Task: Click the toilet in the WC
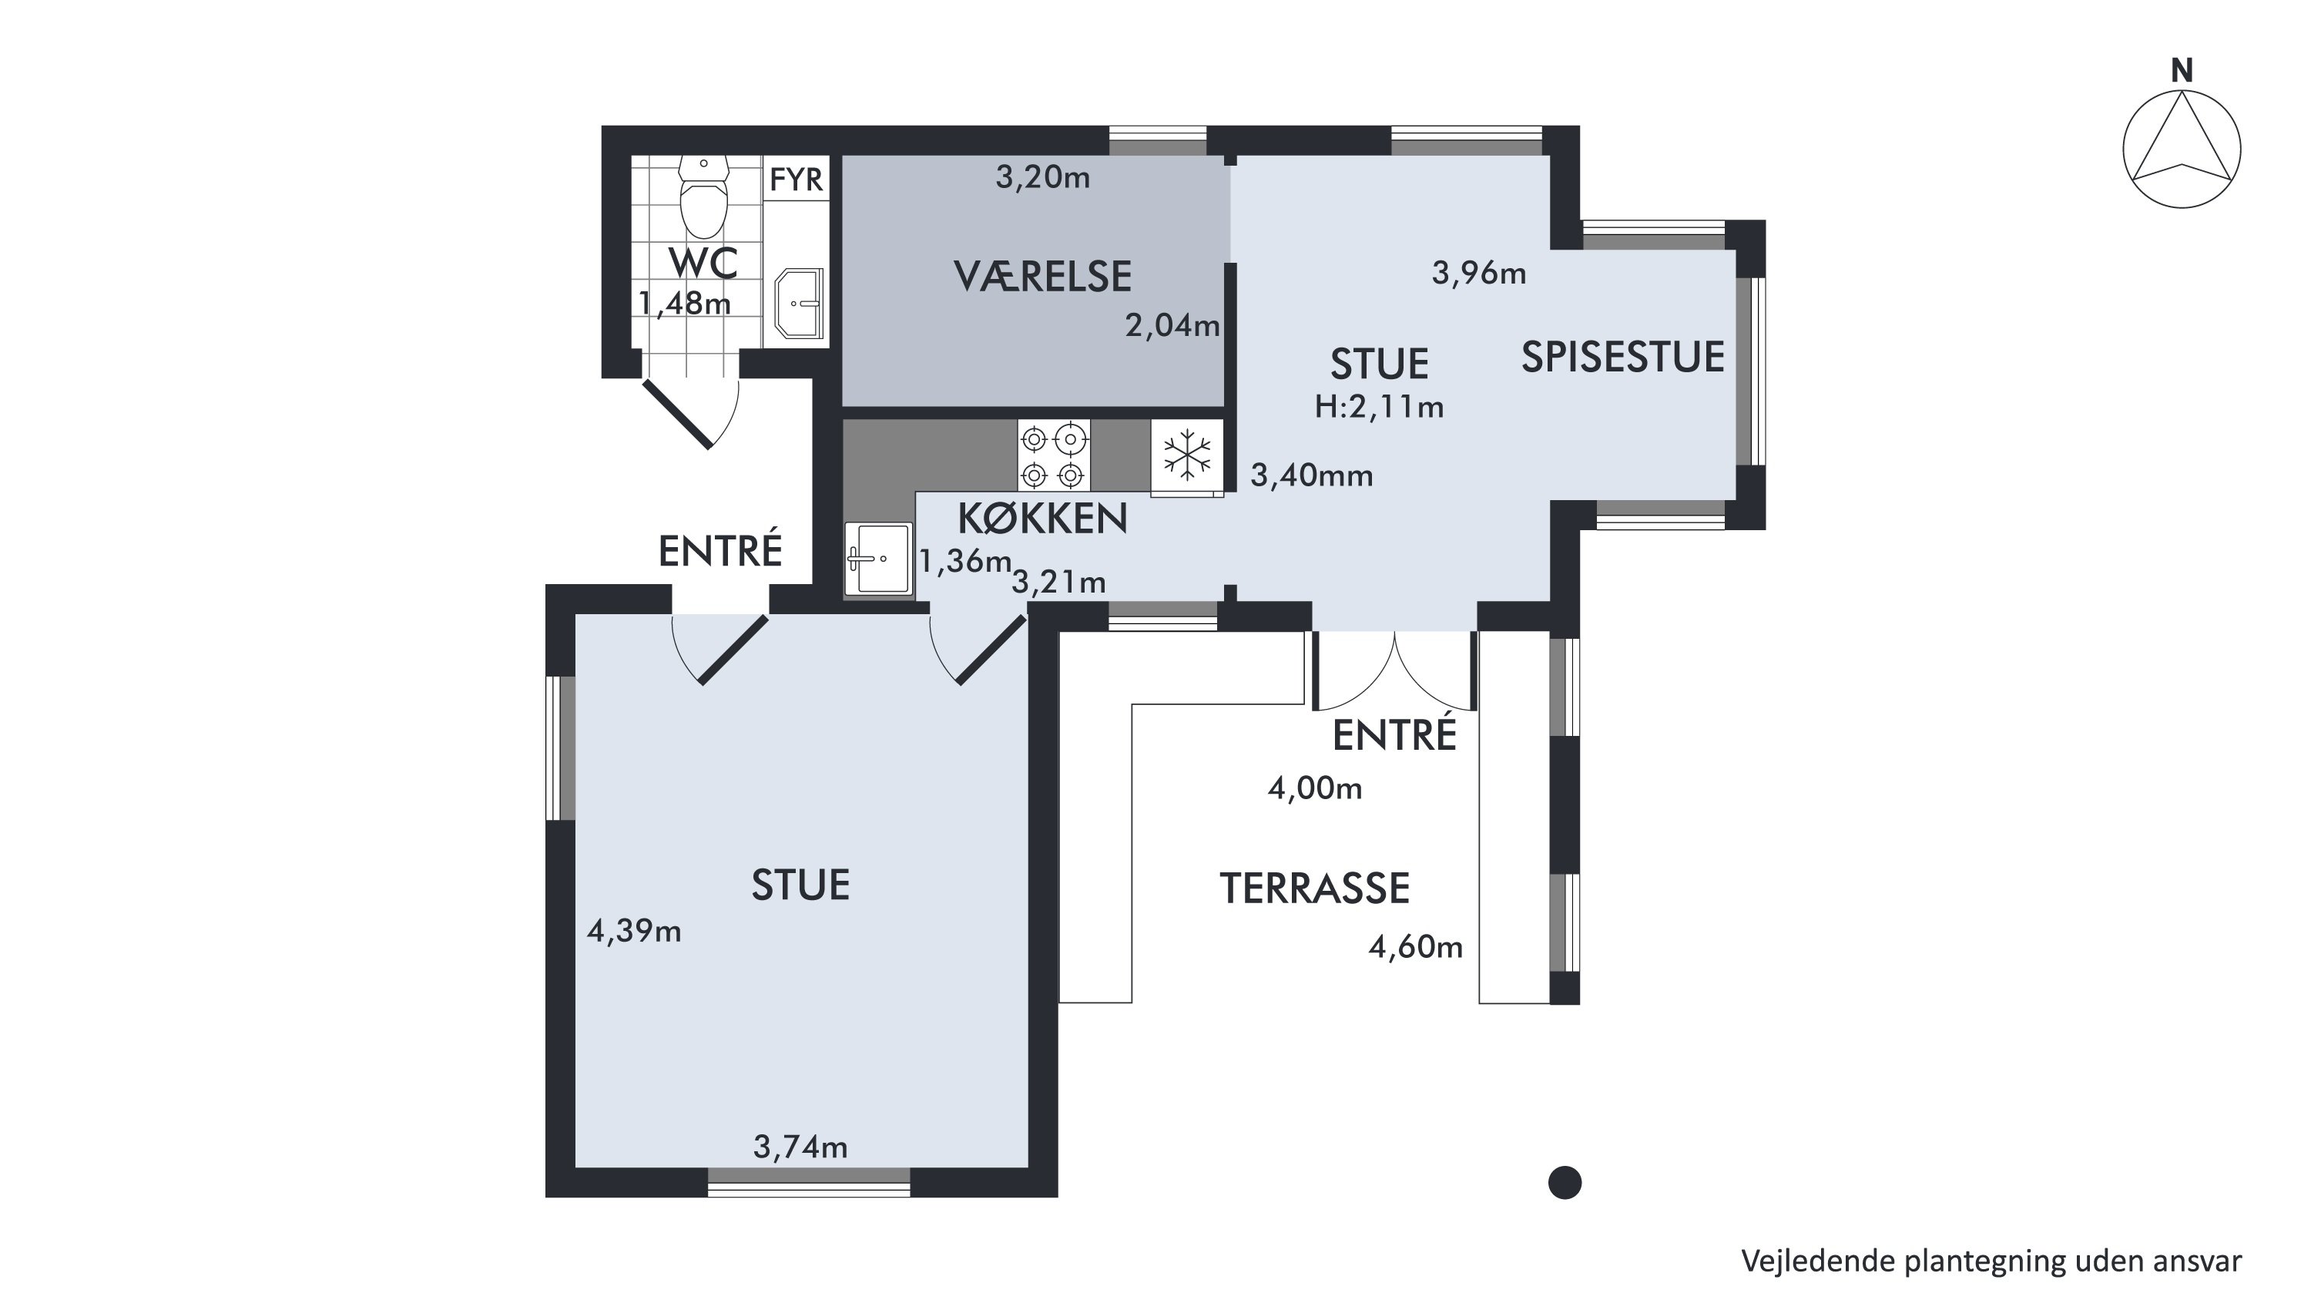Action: [x=703, y=197]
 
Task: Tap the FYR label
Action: [x=796, y=180]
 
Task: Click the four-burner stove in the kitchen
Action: [x=1053, y=455]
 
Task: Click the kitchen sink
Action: [x=878, y=559]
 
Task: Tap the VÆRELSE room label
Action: [x=1042, y=277]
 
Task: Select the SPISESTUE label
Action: [x=1623, y=357]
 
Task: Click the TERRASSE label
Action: [x=1314, y=889]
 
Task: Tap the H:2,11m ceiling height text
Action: [x=1379, y=408]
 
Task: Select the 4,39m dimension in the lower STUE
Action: [x=634, y=931]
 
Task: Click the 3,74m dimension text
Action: [x=800, y=1147]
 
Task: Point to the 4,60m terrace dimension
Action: [x=1416, y=946]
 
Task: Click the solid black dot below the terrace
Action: [x=1565, y=1182]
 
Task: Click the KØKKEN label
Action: [x=1042, y=519]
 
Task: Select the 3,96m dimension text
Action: [x=1478, y=273]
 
